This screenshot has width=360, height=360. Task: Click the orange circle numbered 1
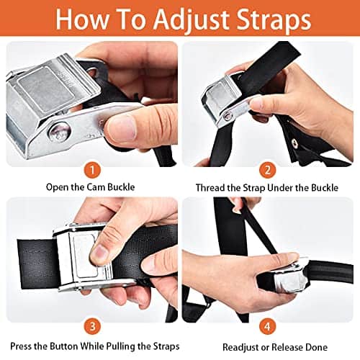click(x=92, y=170)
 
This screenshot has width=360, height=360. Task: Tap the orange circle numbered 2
click(x=268, y=170)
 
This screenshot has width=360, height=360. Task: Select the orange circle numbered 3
click(x=92, y=327)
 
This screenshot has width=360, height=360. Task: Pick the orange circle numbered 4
click(x=267, y=327)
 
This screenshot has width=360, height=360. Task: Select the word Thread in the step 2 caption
click(x=210, y=187)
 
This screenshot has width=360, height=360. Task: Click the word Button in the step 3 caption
click(x=64, y=346)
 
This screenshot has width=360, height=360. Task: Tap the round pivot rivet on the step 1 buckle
click(x=60, y=132)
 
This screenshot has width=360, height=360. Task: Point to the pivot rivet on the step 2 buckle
click(x=226, y=117)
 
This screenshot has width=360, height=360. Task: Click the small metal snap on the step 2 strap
click(x=294, y=143)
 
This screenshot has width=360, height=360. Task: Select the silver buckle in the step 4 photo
click(x=289, y=276)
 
